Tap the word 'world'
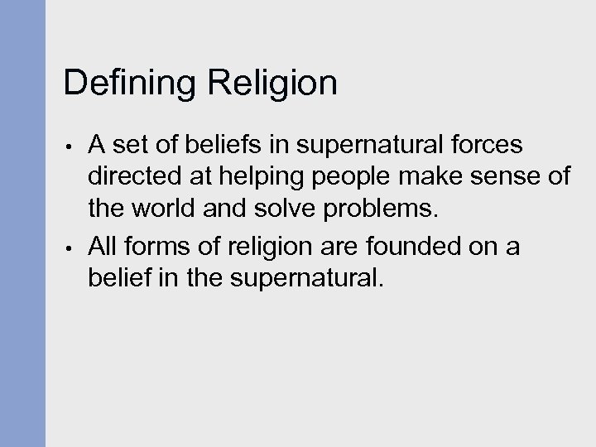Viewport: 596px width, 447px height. click(x=161, y=213)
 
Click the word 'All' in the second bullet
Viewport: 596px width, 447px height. click(x=102, y=246)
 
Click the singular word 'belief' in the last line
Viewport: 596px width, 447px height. click(x=118, y=279)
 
